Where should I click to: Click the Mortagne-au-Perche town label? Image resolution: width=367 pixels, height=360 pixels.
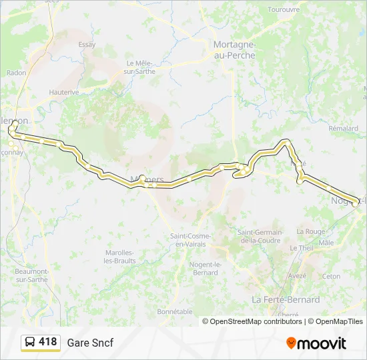(x=234, y=50)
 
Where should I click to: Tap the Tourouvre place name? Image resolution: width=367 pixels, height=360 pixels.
(x=284, y=9)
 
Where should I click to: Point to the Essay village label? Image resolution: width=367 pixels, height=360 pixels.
(x=87, y=45)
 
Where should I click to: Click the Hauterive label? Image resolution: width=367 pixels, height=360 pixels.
(x=64, y=92)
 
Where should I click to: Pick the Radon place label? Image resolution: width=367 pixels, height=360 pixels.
(x=15, y=73)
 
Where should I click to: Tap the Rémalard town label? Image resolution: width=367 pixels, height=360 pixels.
(x=344, y=127)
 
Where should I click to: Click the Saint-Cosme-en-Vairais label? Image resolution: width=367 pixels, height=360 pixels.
(x=191, y=240)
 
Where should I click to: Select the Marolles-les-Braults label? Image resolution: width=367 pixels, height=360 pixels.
(x=120, y=256)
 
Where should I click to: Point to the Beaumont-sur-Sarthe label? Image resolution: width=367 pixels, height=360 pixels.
(x=32, y=275)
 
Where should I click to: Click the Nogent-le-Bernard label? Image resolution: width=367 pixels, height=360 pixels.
(x=204, y=269)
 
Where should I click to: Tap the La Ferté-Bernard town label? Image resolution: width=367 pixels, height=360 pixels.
(x=286, y=299)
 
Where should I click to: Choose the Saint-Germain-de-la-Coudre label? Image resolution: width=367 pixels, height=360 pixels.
(x=260, y=236)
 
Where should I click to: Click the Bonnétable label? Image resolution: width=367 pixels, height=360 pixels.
(x=175, y=311)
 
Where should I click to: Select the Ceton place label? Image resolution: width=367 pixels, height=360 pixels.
(x=331, y=276)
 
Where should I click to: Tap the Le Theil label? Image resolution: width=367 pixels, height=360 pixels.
(x=302, y=247)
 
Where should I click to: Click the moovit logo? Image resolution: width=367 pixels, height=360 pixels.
(x=316, y=343)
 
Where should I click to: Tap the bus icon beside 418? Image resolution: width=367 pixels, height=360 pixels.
(x=30, y=342)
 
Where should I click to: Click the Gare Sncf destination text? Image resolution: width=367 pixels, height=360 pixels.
(x=90, y=343)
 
